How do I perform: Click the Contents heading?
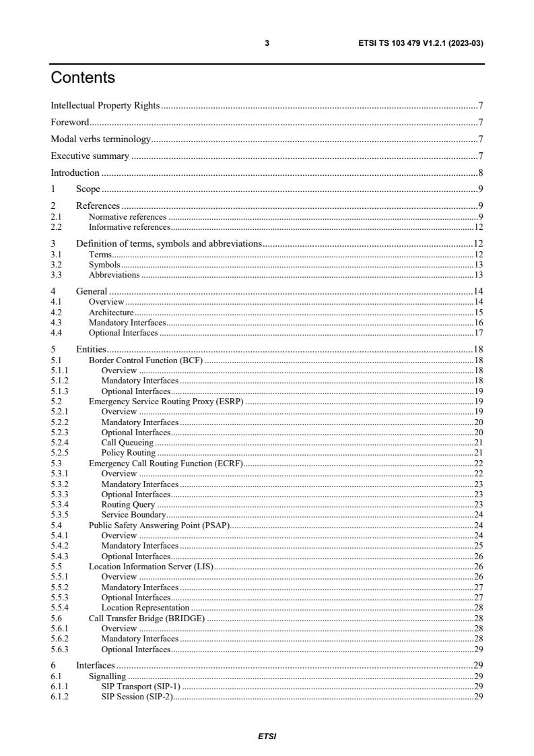pyautogui.click(x=83, y=78)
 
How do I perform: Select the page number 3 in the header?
pyautogui.click(x=267, y=43)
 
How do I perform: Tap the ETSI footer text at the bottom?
pyautogui.click(x=267, y=736)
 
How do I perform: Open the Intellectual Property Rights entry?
pyautogui.click(x=105, y=106)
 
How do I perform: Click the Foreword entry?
pyautogui.click(x=70, y=123)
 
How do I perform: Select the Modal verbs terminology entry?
pyautogui.click(x=100, y=139)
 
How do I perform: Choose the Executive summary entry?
pyautogui.click(x=90, y=156)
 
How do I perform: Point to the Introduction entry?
pyautogui.click(x=75, y=172)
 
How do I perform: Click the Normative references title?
pyautogui.click(x=127, y=217)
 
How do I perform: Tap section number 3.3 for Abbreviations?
pyautogui.click(x=57, y=275)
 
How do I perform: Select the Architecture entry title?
pyautogui.click(x=111, y=313)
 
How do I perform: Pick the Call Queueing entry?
pyautogui.click(x=127, y=443)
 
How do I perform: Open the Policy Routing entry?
pyautogui.click(x=128, y=453)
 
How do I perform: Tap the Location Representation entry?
pyautogui.click(x=145, y=608)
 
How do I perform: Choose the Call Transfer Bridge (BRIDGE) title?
pyautogui.click(x=147, y=618)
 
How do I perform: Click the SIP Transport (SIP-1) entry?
pyautogui.click(x=141, y=686)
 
